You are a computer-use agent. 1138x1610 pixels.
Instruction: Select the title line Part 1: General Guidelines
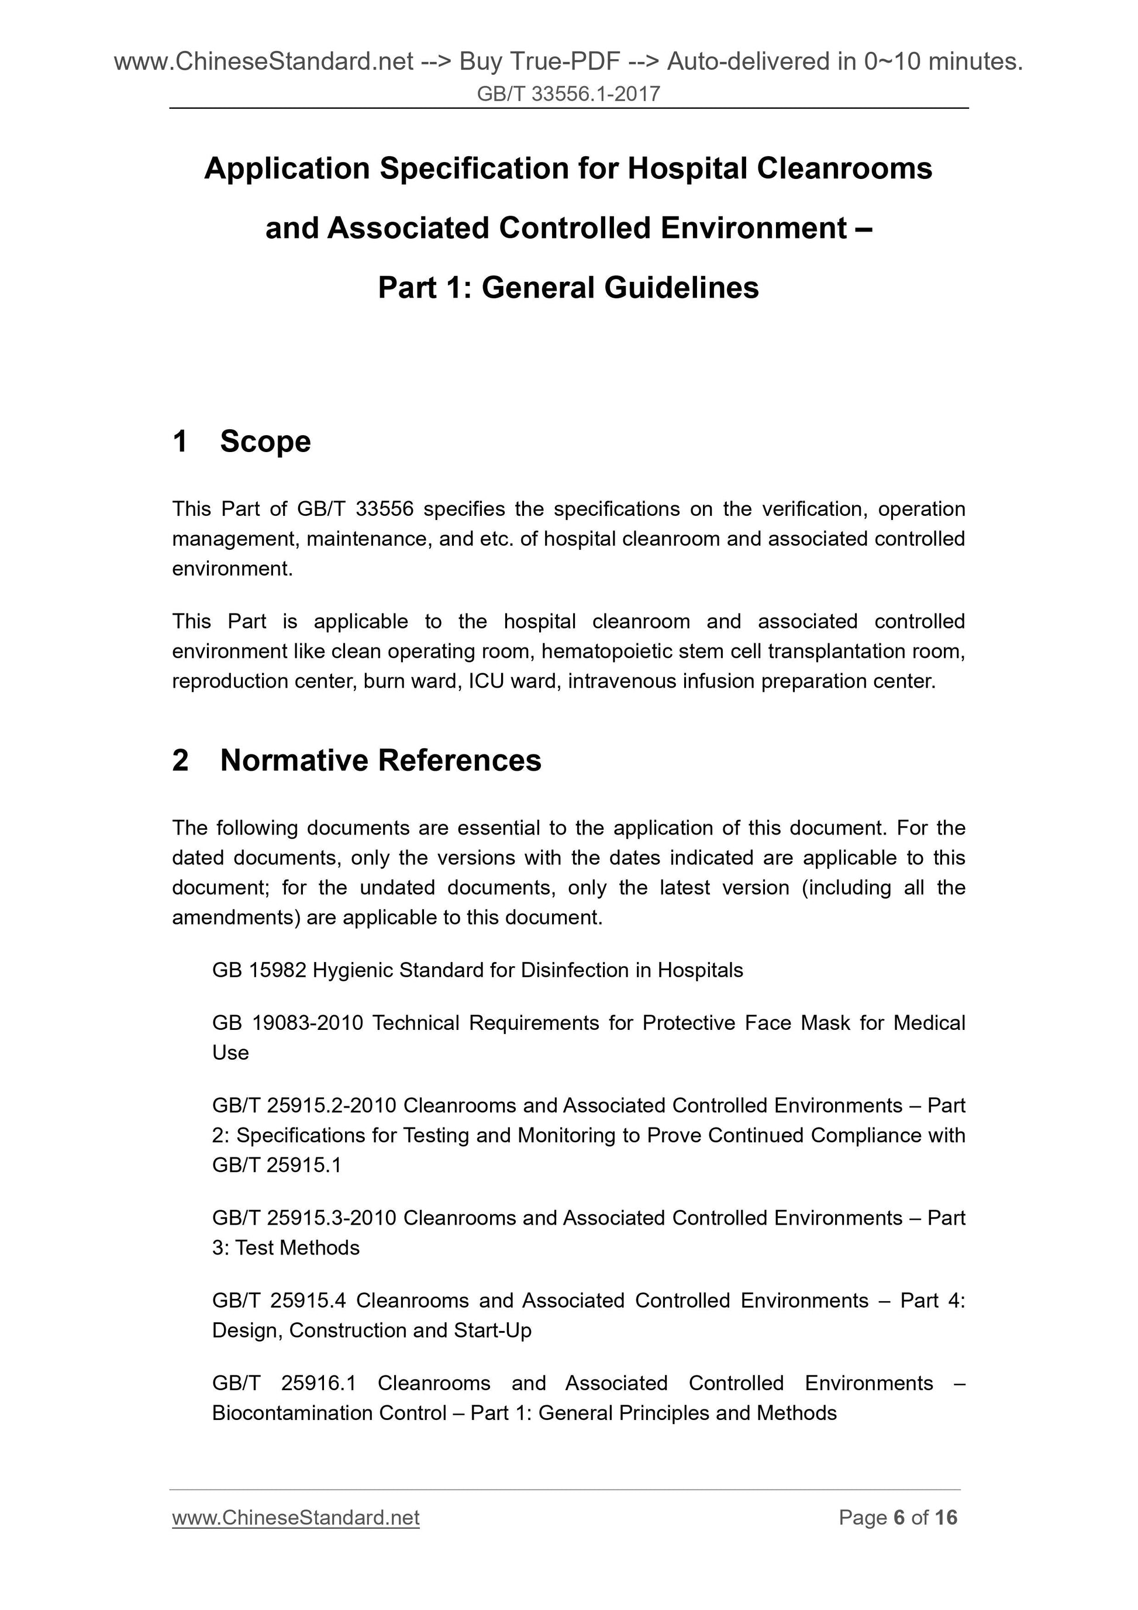click(x=568, y=288)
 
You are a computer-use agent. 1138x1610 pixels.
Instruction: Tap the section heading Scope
click(x=265, y=442)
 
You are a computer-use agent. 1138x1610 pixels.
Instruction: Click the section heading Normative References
click(x=380, y=761)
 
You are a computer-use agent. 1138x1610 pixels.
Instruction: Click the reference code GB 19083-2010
click(x=288, y=1023)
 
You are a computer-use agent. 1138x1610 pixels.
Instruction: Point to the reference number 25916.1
click(x=318, y=1384)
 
